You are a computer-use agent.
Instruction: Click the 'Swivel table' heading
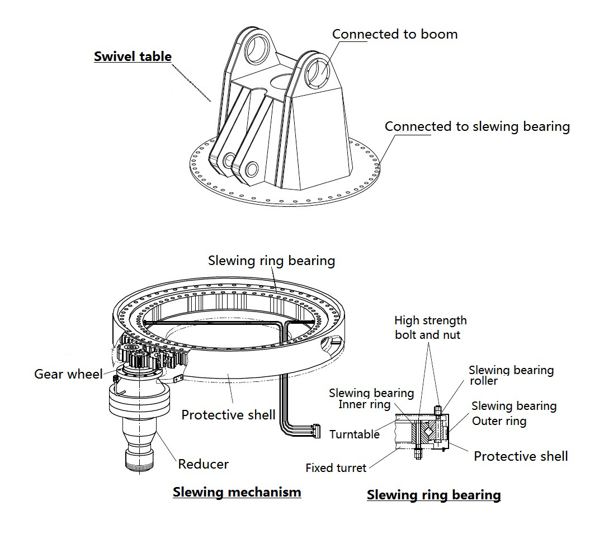(133, 56)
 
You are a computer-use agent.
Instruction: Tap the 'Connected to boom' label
(395, 34)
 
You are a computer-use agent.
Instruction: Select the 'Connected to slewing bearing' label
(477, 126)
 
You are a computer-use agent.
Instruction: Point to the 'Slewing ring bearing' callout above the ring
(271, 261)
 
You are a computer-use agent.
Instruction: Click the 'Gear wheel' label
(68, 374)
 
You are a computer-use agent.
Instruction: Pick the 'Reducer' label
(203, 464)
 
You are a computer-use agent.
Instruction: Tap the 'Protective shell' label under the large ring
(228, 415)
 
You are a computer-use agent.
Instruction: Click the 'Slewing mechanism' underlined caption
(237, 493)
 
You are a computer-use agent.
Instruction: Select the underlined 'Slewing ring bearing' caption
(433, 495)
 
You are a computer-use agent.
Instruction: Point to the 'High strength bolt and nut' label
(430, 328)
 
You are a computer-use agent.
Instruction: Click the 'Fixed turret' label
(336, 468)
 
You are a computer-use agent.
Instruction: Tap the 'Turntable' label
(354, 434)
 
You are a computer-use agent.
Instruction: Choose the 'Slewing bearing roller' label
(511, 375)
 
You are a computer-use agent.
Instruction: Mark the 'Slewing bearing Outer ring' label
(513, 413)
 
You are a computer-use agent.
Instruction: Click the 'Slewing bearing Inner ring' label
(371, 399)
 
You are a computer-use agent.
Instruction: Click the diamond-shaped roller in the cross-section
(430, 430)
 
